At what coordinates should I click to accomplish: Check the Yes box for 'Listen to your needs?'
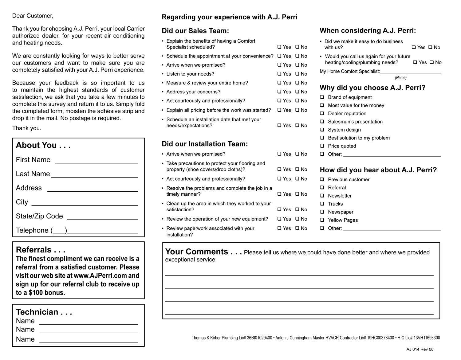279,74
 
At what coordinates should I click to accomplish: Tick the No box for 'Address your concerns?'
297,92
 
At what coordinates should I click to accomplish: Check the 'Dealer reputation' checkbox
322,113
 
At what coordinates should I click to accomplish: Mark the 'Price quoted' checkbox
322,146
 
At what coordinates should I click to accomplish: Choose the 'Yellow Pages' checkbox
322,220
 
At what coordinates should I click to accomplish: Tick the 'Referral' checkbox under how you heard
322,187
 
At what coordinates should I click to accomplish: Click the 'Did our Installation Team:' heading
205,144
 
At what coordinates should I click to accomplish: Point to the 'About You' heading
43,145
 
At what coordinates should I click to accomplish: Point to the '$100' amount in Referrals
36,293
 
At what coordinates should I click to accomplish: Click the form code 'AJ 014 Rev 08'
420,349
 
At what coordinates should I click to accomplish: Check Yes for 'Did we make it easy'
414,47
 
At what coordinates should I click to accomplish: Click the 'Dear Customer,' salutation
33,16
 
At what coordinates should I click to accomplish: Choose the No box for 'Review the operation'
297,219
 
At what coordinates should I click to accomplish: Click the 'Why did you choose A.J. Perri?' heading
372,88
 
